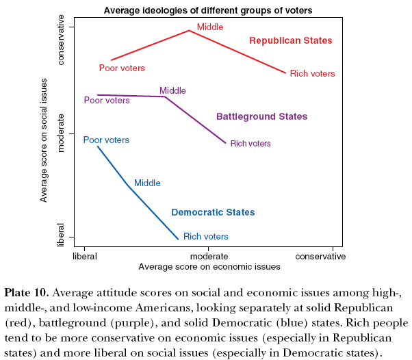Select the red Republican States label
coord(290,41)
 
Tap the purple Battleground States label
coord(261,116)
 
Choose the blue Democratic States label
coord(213,212)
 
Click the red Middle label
coord(210,27)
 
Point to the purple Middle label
coord(172,90)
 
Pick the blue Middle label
coord(147,183)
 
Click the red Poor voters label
coord(122,68)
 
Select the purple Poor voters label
coord(107,101)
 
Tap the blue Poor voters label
coord(106,140)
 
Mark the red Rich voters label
coord(313,74)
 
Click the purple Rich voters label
coord(250,144)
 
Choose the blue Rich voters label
coord(206,237)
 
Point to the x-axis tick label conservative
coord(320,256)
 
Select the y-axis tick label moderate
coord(61,133)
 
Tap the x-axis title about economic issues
coord(209,266)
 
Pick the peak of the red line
coord(189,30)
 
